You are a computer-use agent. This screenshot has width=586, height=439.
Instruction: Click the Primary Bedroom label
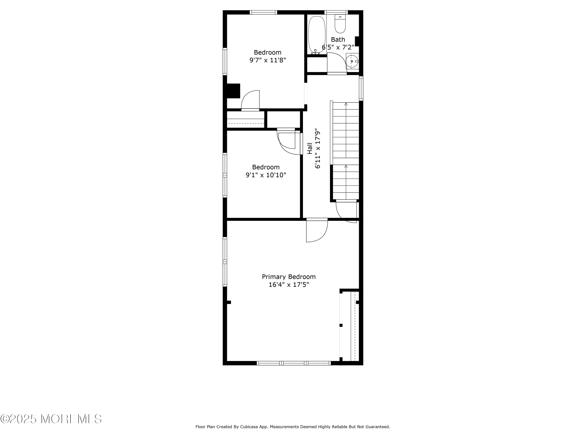pos(289,277)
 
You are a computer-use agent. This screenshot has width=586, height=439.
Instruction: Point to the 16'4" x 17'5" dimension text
pos(289,285)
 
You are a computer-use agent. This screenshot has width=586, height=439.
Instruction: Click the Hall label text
pos(310,148)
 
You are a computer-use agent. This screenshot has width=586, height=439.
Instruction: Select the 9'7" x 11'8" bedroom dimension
pos(268,60)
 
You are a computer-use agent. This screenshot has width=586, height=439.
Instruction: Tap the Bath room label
pos(338,40)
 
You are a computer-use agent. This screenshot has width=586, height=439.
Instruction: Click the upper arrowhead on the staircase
pos(346,104)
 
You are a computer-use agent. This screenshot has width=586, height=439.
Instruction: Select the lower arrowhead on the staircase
pos(346,166)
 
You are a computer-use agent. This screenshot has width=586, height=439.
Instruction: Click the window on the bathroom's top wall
pos(336,12)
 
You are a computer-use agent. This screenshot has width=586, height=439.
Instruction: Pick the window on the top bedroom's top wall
pos(263,12)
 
